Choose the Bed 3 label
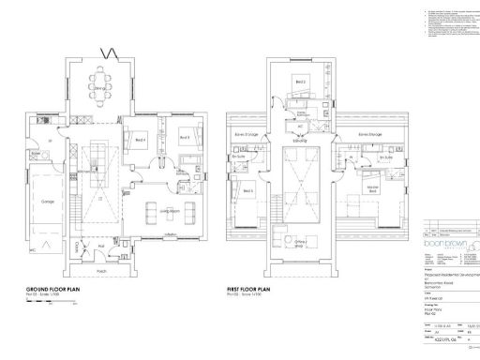coord(184,137)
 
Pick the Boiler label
coord(36,152)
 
